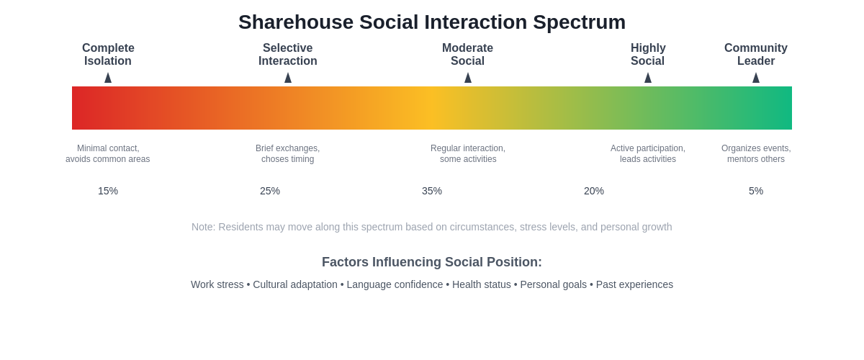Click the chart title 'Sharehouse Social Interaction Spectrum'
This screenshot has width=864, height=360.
coord(432,22)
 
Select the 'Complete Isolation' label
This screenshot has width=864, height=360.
coord(108,55)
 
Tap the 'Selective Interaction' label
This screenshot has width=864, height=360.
coord(288,55)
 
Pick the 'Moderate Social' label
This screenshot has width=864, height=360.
coord(468,55)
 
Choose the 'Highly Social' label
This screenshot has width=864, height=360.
coord(648,55)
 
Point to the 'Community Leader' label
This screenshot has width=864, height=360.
coord(756,55)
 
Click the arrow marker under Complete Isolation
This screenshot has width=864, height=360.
coord(108,78)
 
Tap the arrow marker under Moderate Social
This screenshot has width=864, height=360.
coord(468,78)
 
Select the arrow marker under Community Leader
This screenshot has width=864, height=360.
coord(756,78)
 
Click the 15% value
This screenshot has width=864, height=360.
coord(108,191)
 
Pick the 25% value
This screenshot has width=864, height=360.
coord(270,191)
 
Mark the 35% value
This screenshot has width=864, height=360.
coord(432,191)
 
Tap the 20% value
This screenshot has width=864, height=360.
coord(594,191)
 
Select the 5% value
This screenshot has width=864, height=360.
coord(756,191)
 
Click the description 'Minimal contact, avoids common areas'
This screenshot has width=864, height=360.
coord(108,154)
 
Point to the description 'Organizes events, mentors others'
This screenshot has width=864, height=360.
coord(756,154)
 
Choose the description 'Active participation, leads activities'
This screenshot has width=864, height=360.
coord(648,154)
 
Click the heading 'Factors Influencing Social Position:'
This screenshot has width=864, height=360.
coord(432,262)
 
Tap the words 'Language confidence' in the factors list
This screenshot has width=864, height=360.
coord(395,284)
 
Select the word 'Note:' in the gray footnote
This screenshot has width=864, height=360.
coord(203,227)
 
